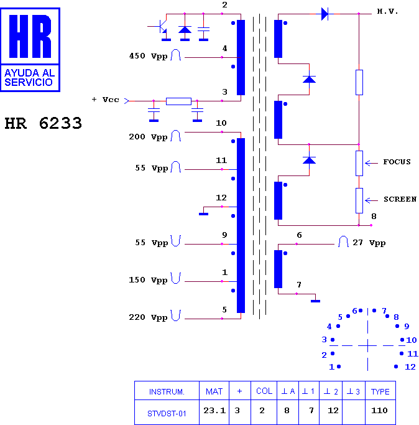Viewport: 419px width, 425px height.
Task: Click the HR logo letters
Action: [x=30, y=36]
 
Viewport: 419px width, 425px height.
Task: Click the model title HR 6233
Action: [x=43, y=123]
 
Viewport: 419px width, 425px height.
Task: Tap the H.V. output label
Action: [x=387, y=11]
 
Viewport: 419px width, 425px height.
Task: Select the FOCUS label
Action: [x=397, y=162]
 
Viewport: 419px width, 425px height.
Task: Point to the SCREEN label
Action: [x=400, y=199]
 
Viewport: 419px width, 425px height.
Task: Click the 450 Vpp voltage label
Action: [x=148, y=56]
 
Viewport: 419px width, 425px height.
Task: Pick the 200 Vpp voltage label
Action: [x=148, y=137]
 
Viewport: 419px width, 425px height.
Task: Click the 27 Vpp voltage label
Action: [x=369, y=243]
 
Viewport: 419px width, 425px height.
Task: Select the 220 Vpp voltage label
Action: [x=148, y=317]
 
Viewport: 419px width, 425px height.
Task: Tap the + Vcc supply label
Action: [x=105, y=100]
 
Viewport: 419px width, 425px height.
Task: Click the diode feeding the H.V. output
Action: [x=325, y=14]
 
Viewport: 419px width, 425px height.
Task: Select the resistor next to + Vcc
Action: [x=178, y=101]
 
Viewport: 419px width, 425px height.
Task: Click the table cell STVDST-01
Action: [x=167, y=414]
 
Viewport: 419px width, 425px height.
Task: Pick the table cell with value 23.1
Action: [x=214, y=411]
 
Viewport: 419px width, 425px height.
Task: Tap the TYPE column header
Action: [x=380, y=391]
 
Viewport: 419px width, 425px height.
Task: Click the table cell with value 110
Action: [x=379, y=410]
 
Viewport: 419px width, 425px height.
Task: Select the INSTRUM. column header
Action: [x=167, y=392]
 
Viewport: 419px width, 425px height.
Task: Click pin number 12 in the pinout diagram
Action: [x=410, y=367]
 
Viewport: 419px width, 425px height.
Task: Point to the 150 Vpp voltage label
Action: [x=148, y=280]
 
